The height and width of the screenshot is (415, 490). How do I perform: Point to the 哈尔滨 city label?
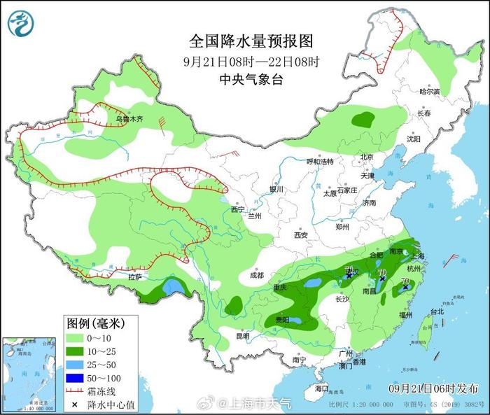[429, 92]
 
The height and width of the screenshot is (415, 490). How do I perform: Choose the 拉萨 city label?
[135, 277]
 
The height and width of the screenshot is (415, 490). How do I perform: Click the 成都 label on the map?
[256, 275]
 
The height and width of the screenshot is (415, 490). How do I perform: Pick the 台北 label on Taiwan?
[436, 311]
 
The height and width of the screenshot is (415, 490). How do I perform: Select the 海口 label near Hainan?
[321, 388]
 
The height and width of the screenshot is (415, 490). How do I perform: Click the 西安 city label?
[300, 235]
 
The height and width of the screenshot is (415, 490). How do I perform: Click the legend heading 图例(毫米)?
[95, 323]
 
